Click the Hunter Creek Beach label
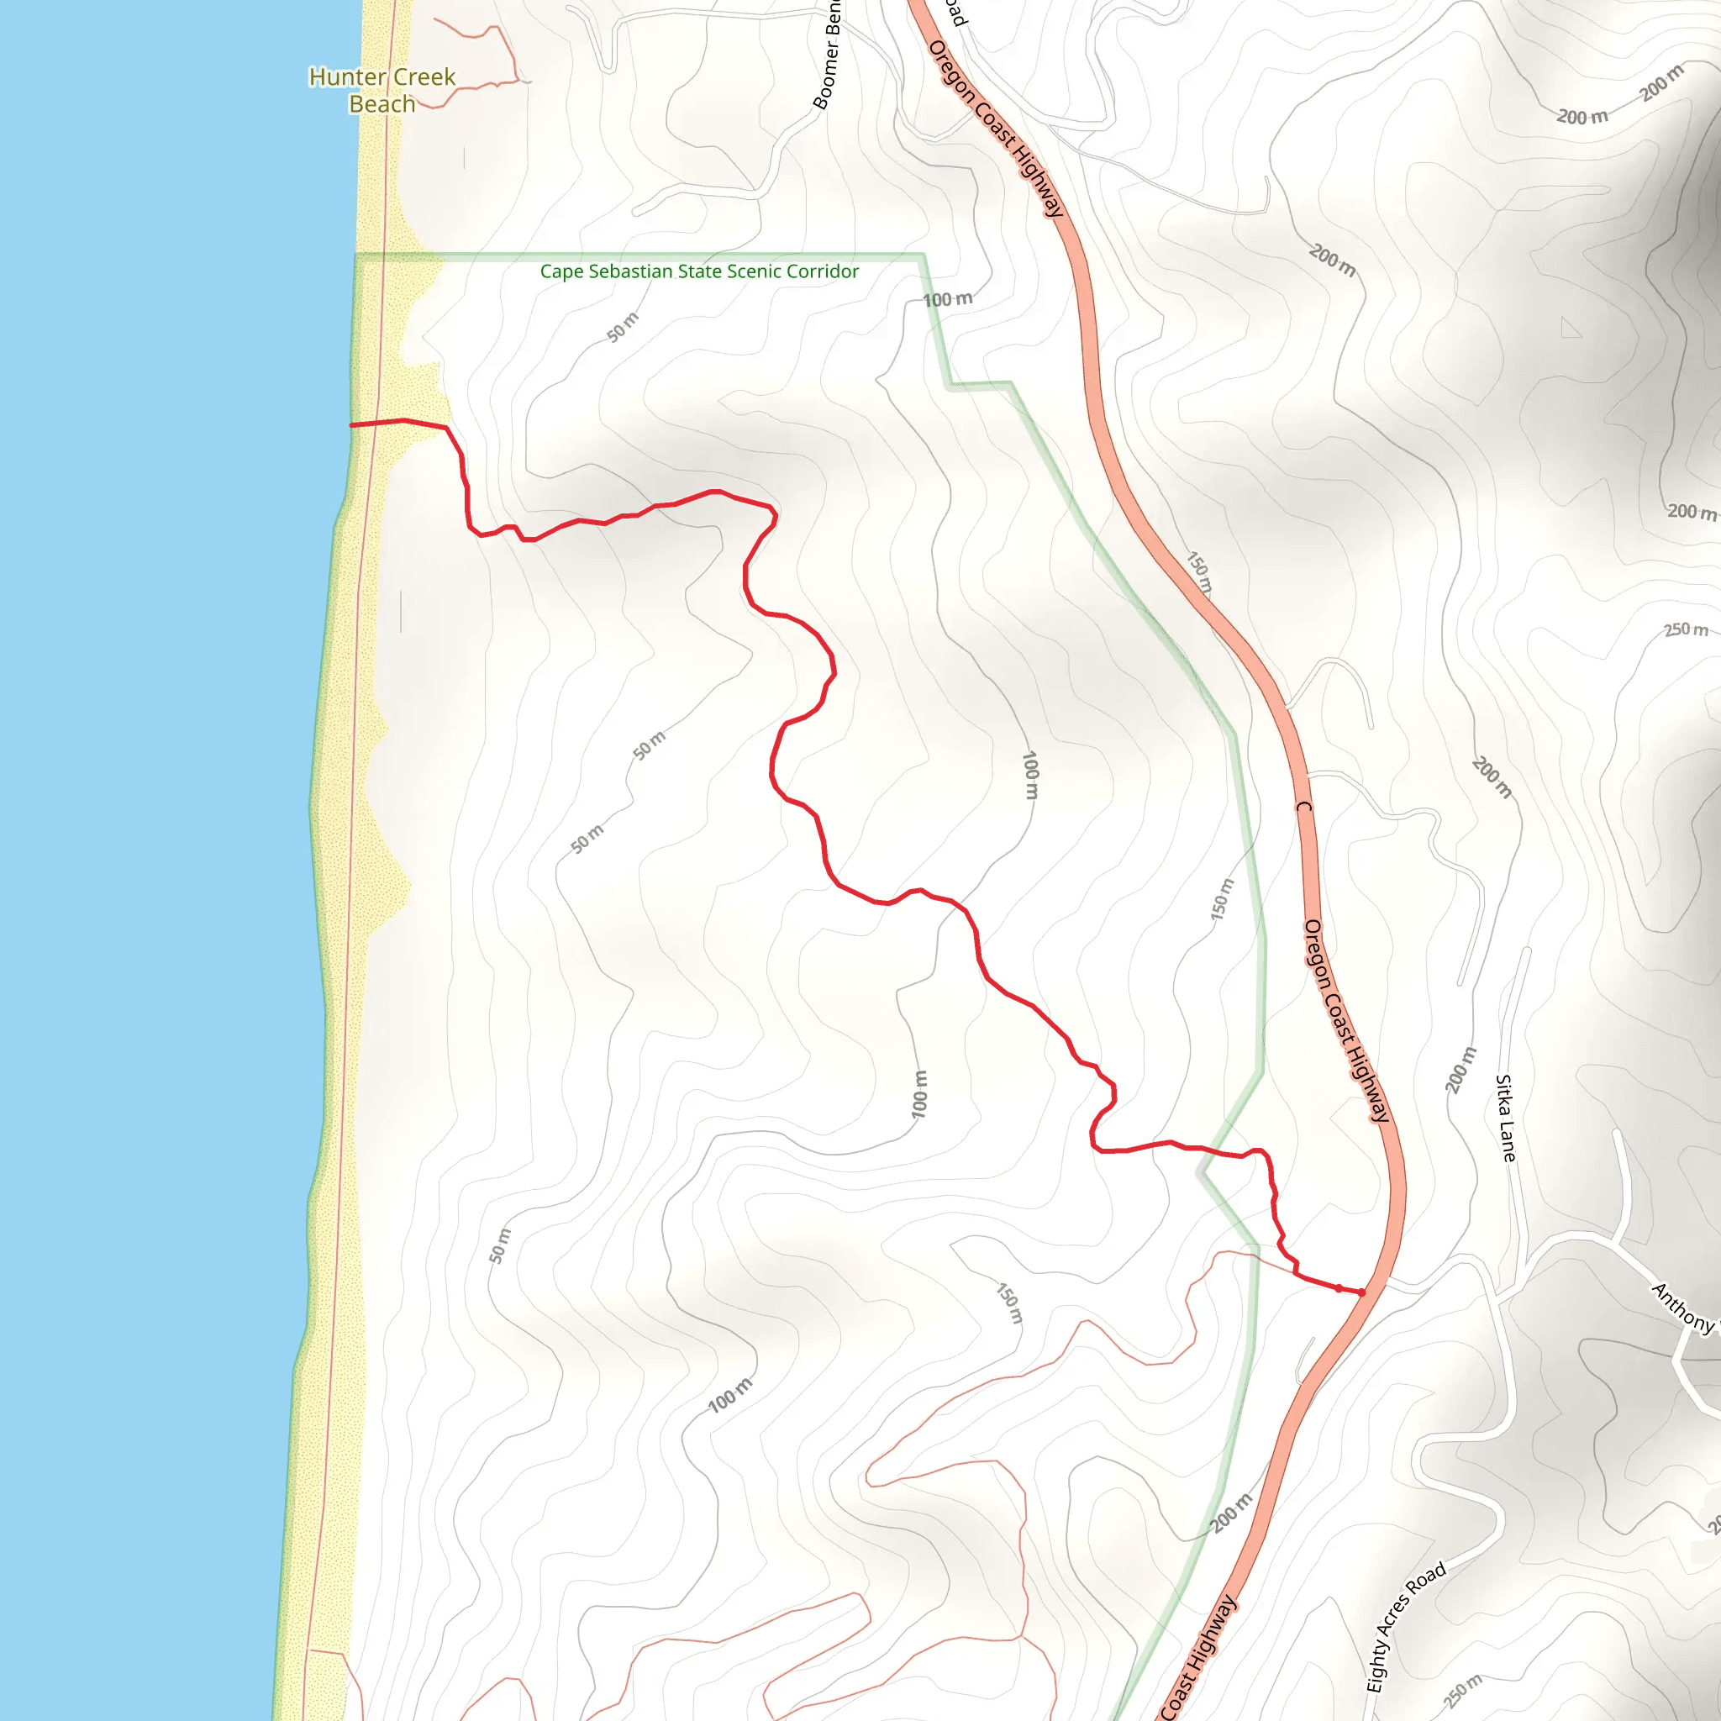382,90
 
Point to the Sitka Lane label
1504,1118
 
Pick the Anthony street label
1682,1308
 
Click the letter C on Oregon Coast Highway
1304,807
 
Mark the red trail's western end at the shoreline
352,426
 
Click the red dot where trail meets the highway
1361,1292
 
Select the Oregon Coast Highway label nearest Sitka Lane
1345,1020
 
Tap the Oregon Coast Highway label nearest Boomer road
996,129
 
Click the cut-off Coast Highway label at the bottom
1199,1658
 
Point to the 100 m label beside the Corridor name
947,300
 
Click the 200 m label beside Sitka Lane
1460,1070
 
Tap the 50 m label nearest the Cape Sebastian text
623,327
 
